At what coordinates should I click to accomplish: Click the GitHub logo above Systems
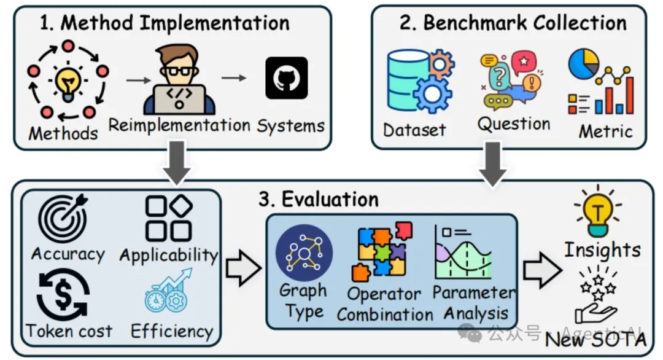286,78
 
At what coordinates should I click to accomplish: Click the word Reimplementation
179,125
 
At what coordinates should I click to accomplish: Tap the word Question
513,124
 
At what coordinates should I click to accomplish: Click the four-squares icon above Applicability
168,219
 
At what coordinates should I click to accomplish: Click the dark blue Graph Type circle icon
304,252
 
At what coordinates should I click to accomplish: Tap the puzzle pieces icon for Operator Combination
381,252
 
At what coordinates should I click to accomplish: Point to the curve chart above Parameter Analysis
463,252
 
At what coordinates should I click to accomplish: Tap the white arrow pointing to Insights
543,269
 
